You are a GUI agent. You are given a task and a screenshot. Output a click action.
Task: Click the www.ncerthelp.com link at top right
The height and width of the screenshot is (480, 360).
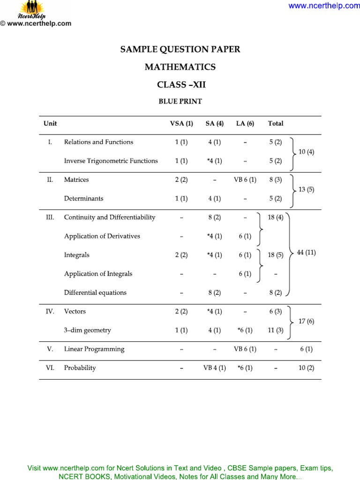tap(323, 6)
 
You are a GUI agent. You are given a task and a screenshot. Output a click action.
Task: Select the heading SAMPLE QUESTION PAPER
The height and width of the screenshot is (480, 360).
tap(180, 49)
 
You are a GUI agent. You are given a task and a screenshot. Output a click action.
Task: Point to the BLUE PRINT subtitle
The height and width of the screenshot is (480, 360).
tap(180, 101)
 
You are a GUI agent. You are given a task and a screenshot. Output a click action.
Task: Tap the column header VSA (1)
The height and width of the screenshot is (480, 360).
tap(181, 124)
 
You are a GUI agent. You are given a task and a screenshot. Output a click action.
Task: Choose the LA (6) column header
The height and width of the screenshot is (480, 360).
tap(245, 124)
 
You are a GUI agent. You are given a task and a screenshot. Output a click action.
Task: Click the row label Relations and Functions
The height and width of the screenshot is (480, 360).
tap(98, 142)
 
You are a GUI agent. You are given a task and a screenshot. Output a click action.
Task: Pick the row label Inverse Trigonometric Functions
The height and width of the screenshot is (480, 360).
tap(111, 161)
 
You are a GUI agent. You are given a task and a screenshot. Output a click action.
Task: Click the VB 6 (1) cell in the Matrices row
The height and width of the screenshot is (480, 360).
tap(245, 180)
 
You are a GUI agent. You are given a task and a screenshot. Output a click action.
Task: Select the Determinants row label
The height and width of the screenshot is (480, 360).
tap(84, 198)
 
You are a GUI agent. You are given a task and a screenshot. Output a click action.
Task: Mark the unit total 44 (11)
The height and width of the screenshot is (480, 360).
tap(307, 252)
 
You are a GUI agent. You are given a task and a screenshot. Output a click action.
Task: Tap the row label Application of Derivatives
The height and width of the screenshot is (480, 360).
tap(102, 236)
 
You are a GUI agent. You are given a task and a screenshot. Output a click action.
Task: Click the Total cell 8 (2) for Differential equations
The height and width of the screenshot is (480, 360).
tap(275, 292)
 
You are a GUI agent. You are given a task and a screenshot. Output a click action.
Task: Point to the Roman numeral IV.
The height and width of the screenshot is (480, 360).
tap(50, 311)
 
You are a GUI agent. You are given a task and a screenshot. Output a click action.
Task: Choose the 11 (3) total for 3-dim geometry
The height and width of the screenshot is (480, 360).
tap(275, 330)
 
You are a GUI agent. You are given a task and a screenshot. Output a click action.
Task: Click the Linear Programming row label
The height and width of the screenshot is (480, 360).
tap(94, 349)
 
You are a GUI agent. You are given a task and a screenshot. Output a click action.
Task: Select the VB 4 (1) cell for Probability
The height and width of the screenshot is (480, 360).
tap(214, 368)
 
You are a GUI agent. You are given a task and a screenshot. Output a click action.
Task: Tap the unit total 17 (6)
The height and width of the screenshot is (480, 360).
tap(307, 321)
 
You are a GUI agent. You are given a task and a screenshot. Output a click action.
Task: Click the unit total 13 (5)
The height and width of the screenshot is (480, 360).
tap(307, 189)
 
